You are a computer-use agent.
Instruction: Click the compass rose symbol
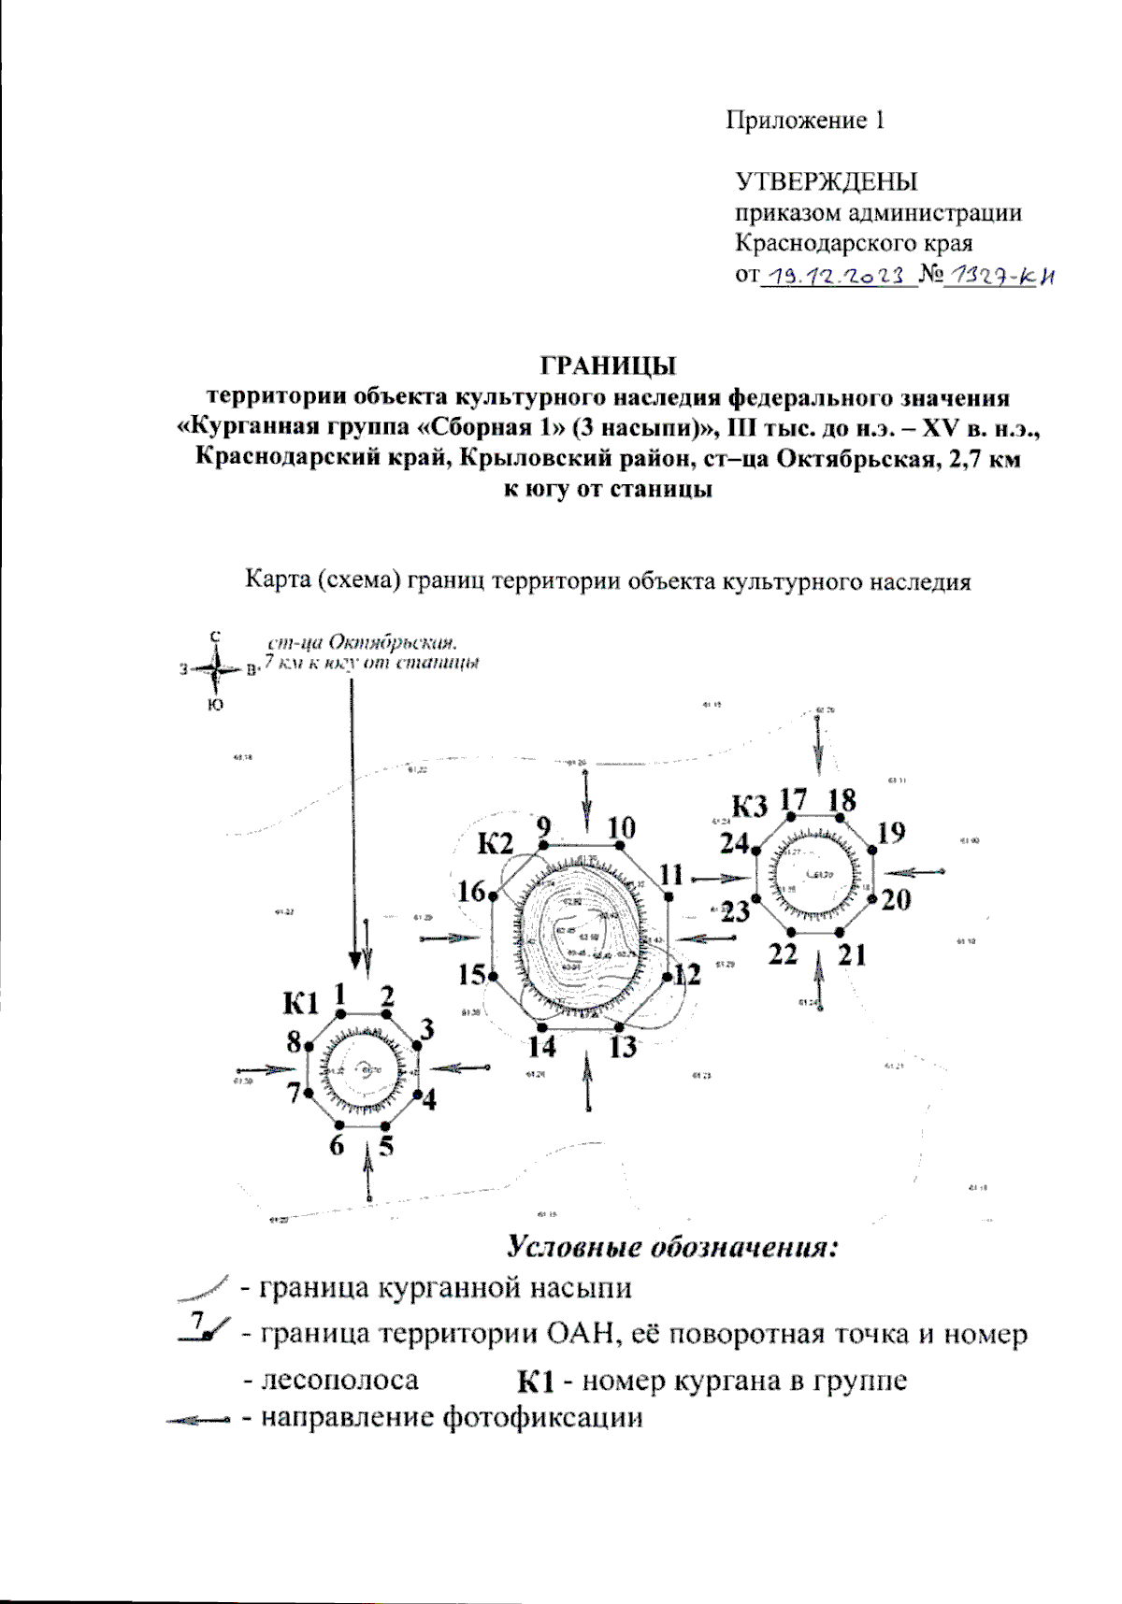[x=216, y=669]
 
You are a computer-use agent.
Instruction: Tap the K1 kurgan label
[x=301, y=1005]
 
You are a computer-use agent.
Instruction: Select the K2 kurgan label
[x=496, y=844]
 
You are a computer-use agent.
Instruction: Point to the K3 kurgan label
[x=750, y=805]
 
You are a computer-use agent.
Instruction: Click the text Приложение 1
[x=805, y=121]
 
